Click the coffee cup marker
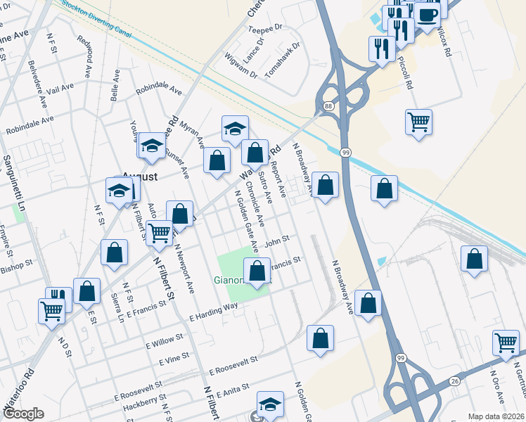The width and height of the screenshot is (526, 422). pos(428,15)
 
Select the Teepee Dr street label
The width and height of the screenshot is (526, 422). pos(265,28)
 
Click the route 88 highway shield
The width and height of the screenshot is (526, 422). pos(328,105)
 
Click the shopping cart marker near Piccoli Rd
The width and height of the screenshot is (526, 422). pos(418,122)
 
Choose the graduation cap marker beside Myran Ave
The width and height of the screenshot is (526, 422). pos(235,128)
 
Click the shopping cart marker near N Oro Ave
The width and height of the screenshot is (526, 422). pos(506,343)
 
